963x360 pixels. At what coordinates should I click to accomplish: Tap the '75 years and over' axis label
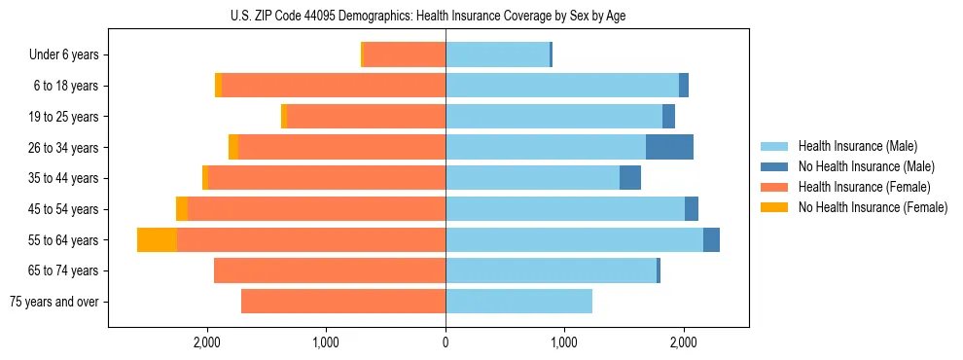pyautogui.click(x=53, y=302)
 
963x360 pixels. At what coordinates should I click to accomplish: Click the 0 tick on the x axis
pyautogui.click(x=446, y=342)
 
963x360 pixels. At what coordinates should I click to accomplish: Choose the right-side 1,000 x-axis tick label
pyautogui.click(x=564, y=342)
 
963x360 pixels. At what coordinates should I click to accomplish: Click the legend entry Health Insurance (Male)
pyautogui.click(x=857, y=146)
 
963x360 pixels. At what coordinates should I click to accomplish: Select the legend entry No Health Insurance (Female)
pyautogui.click(x=873, y=207)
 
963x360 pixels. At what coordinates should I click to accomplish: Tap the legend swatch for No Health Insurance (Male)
pyautogui.click(x=774, y=166)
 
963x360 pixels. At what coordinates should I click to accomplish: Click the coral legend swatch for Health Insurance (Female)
pyautogui.click(x=774, y=187)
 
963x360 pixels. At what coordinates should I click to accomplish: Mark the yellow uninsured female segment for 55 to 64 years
pyautogui.click(x=157, y=240)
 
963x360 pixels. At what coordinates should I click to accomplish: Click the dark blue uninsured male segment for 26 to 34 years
pyautogui.click(x=669, y=148)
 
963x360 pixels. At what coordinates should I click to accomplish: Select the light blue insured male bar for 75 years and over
pyautogui.click(x=518, y=302)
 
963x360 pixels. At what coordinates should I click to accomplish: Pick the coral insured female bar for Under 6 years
pyautogui.click(x=404, y=55)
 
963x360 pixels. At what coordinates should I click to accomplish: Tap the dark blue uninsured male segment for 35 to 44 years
pyautogui.click(x=630, y=178)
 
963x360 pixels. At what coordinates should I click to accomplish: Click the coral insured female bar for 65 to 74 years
pyautogui.click(x=330, y=270)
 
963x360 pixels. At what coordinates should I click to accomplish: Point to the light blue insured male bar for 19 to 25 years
pyautogui.click(x=553, y=117)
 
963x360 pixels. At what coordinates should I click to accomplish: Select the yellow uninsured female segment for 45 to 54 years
pyautogui.click(x=181, y=209)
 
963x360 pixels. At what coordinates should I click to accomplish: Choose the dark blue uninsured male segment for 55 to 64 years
pyautogui.click(x=711, y=240)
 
